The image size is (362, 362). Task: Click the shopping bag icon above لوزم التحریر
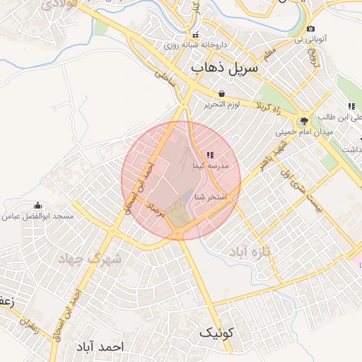pyautogui.click(x=222, y=93)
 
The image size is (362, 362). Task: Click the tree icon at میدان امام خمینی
pyautogui.click(x=303, y=120)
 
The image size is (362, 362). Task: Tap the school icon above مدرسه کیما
pyautogui.click(x=209, y=154)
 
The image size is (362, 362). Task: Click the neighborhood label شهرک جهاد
pyautogui.click(x=97, y=259)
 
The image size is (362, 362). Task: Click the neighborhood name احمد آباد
pyautogui.click(x=98, y=347)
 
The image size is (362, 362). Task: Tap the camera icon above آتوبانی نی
pyautogui.click(x=310, y=28)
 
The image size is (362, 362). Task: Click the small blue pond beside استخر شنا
pyautogui.click(x=188, y=197)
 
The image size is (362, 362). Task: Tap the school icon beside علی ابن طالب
pyautogui.click(x=351, y=106)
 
